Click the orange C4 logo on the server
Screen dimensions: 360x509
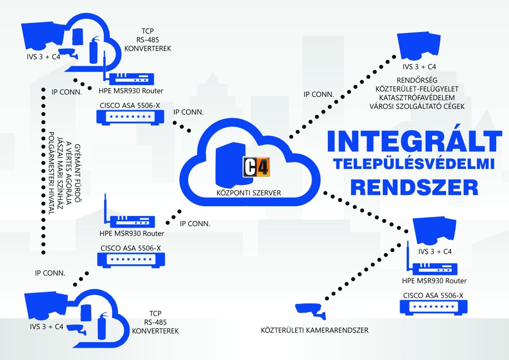[257, 167]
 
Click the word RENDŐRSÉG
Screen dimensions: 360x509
[420, 80]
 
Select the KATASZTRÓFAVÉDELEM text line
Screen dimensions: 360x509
[420, 97]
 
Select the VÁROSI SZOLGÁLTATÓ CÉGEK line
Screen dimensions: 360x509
[420, 106]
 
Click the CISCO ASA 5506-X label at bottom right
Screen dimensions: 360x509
[433, 295]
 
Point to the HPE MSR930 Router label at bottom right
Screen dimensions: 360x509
[434, 281]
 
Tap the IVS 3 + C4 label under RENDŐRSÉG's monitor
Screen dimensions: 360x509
[419, 67]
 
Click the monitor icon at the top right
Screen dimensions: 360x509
[420, 45]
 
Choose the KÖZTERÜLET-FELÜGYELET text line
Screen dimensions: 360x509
[420, 89]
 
